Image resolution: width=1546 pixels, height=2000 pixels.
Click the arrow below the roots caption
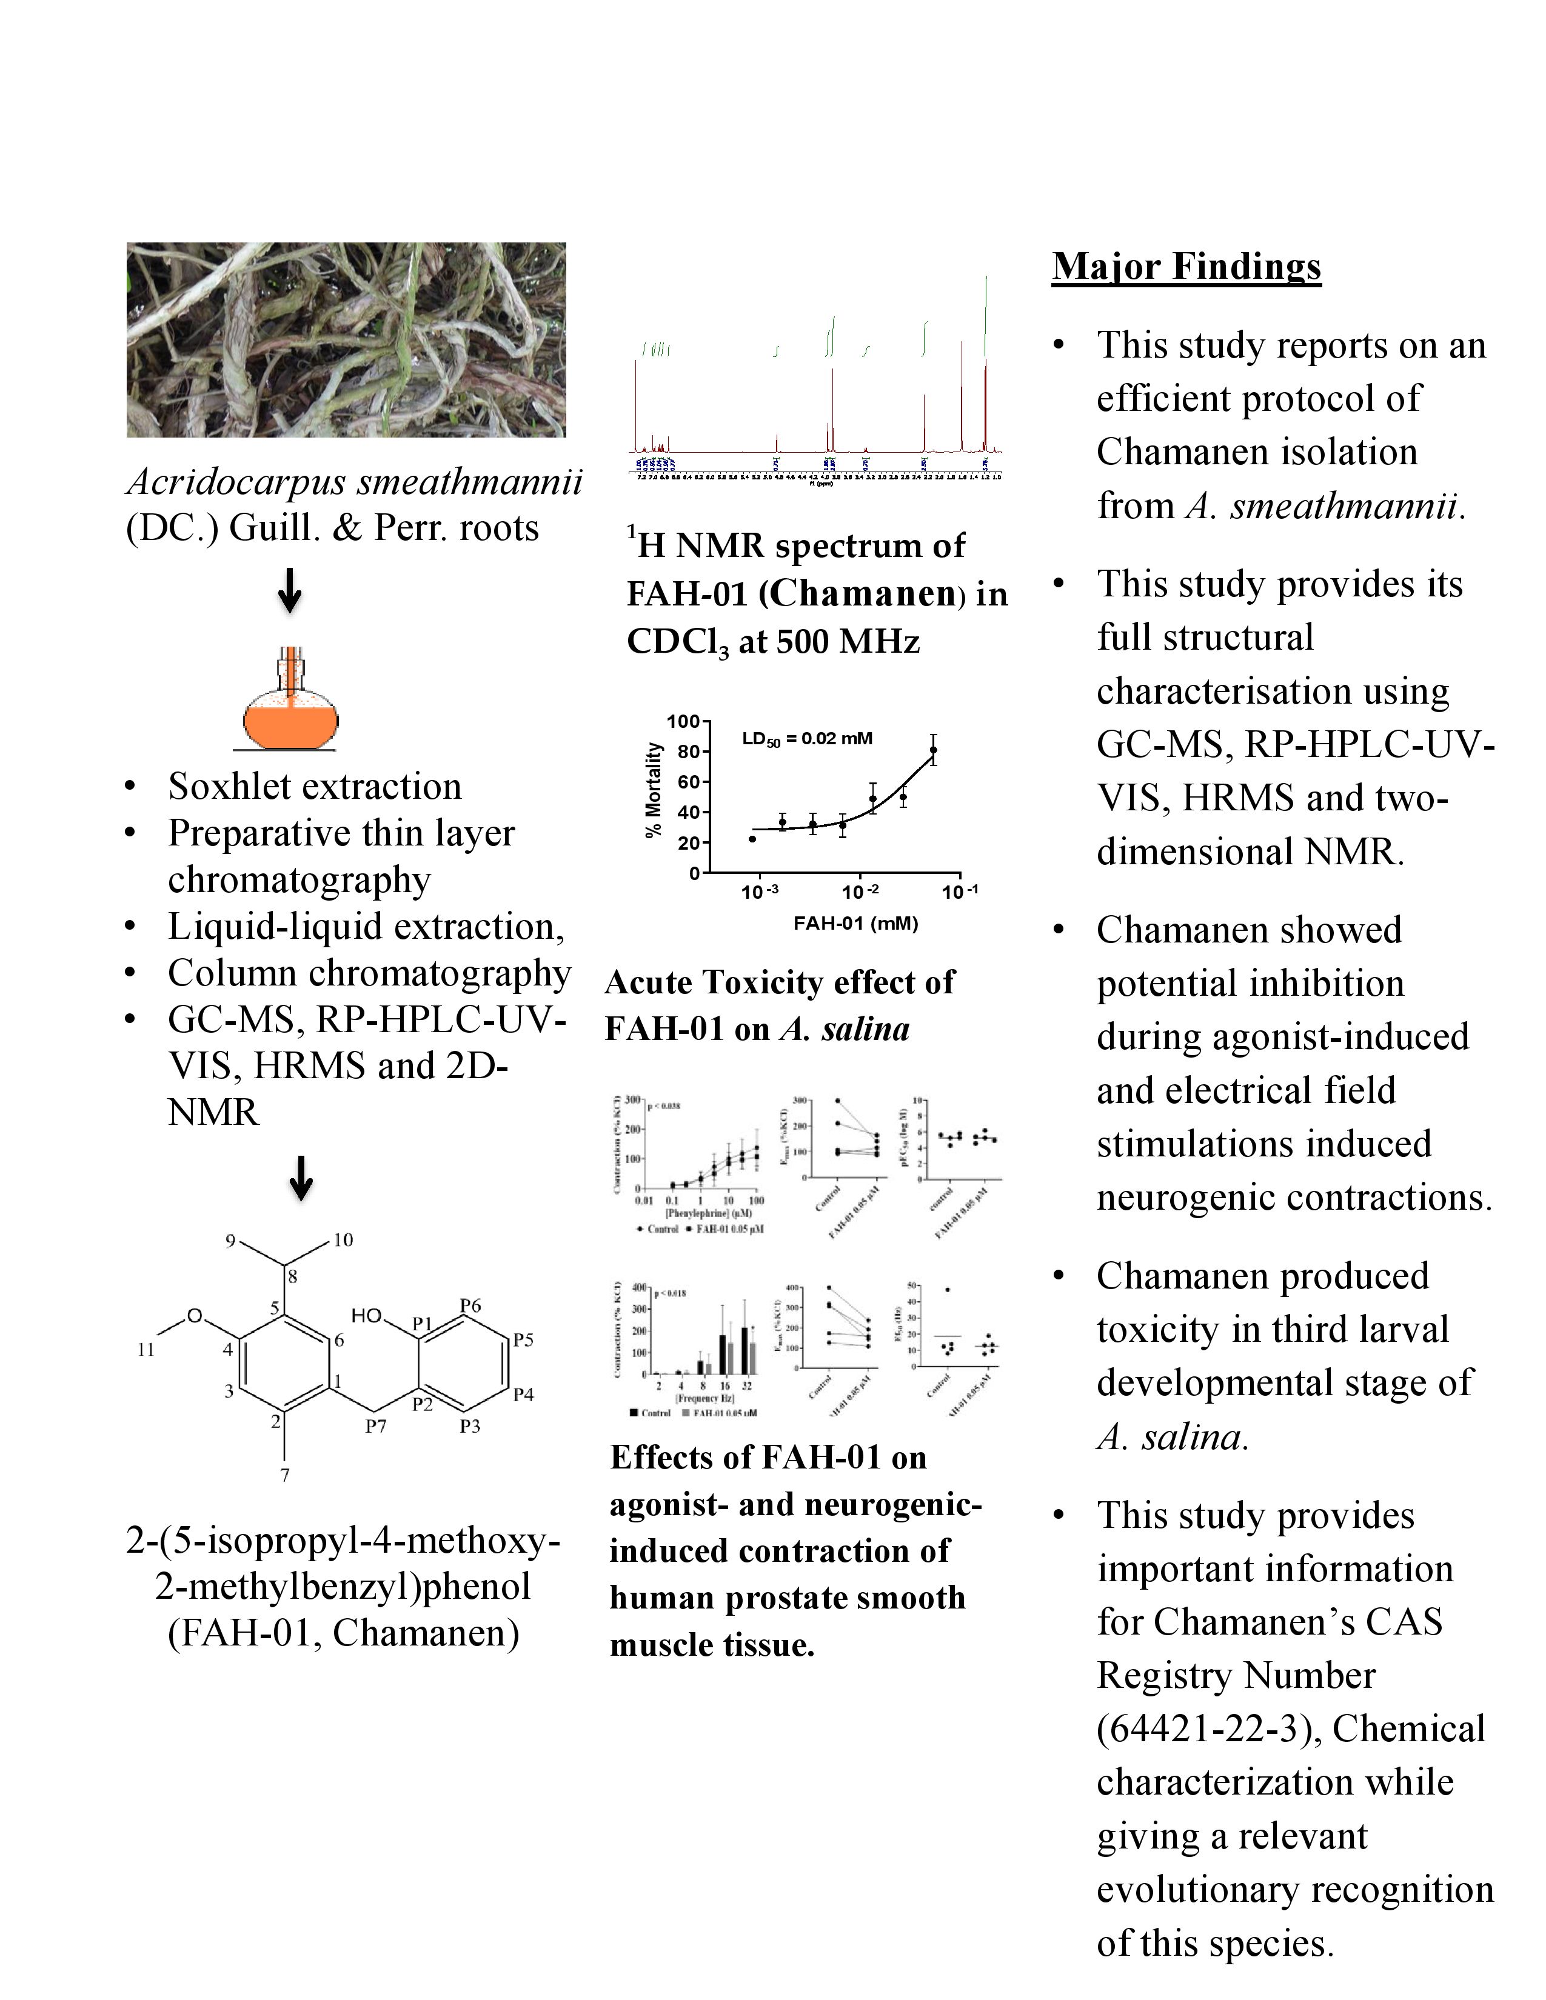289,591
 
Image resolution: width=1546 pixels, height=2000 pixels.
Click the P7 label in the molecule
375,1426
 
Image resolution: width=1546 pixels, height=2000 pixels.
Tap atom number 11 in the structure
146,1350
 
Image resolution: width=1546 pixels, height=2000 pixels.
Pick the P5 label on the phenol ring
523,1340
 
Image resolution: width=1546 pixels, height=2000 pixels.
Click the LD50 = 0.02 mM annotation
807,739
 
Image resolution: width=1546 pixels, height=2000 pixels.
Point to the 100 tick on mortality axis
682,722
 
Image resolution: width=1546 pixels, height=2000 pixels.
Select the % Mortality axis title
653,789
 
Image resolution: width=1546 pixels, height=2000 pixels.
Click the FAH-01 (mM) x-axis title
855,923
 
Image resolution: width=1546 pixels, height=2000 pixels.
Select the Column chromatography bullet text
369,973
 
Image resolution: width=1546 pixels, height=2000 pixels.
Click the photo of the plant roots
346,340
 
